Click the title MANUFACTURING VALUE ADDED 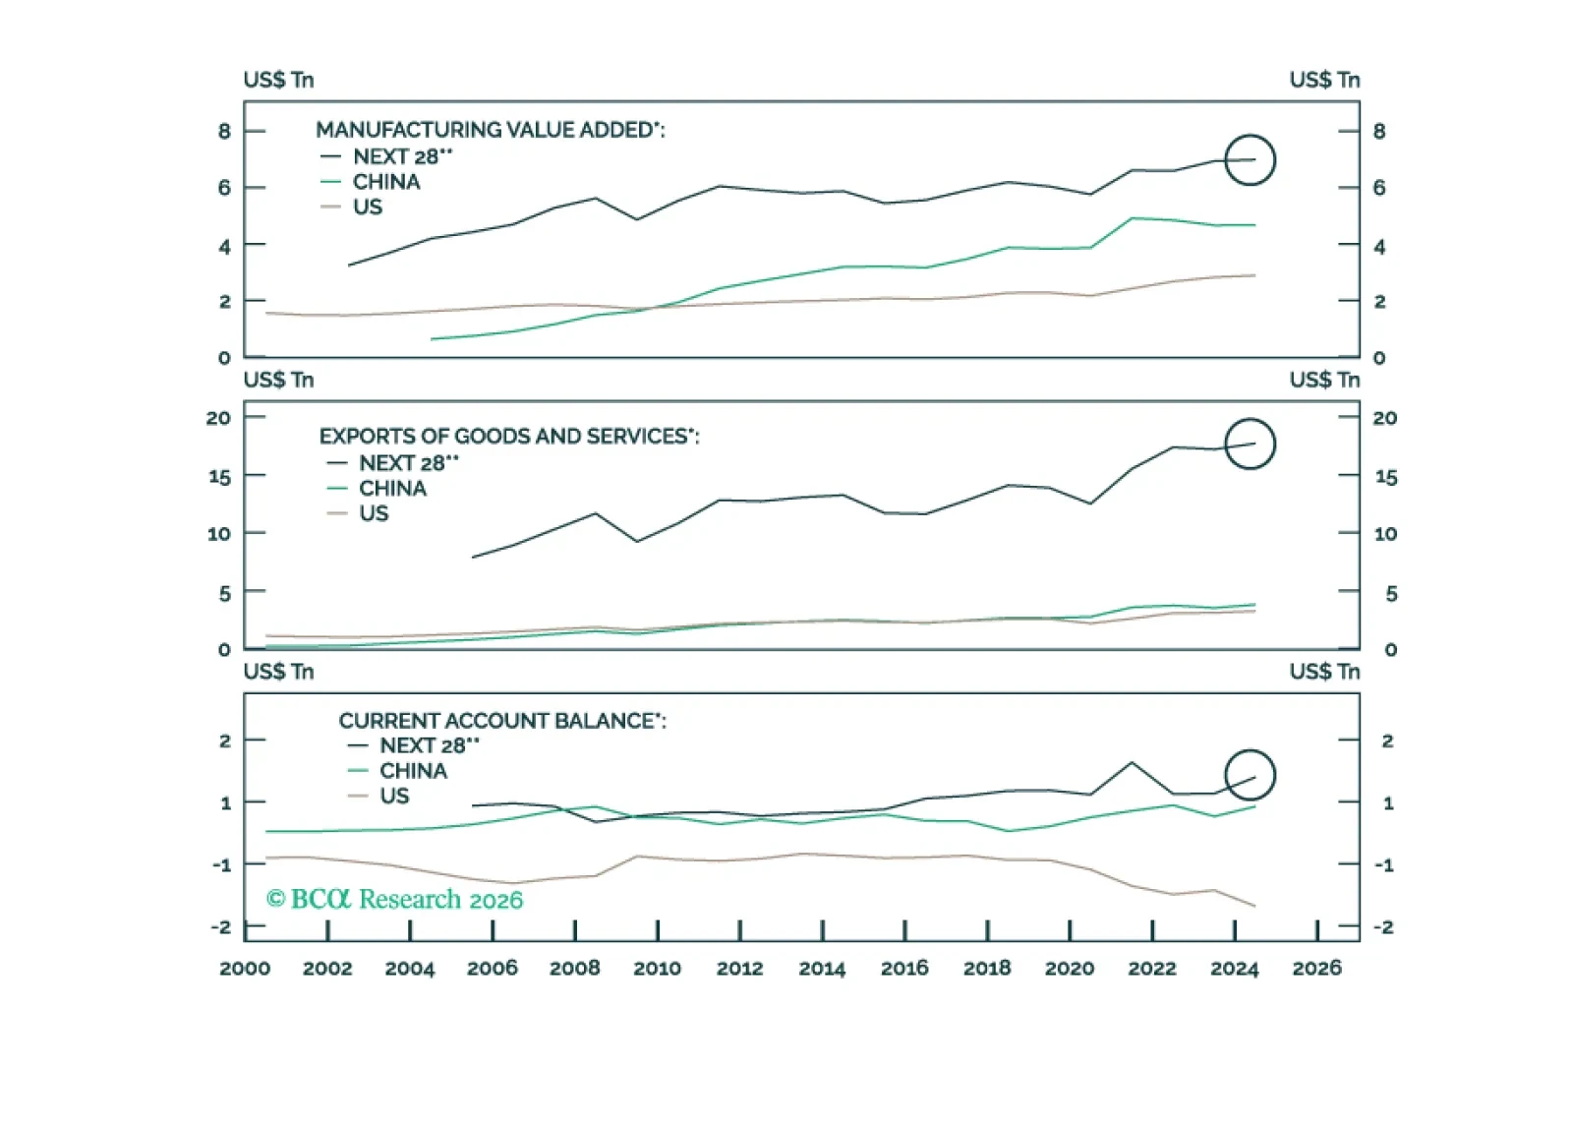(x=490, y=130)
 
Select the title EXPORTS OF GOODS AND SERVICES (x=508, y=436)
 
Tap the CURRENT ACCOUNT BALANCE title (x=501, y=721)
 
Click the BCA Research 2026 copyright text (x=394, y=899)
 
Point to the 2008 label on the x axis (x=574, y=969)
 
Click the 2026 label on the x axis (x=1316, y=969)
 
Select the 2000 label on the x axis (x=245, y=969)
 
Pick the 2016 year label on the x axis (x=904, y=969)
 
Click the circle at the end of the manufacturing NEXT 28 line (x=1250, y=159)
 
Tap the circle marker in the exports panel (x=1250, y=444)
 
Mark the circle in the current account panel (x=1250, y=775)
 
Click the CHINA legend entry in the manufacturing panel (x=385, y=182)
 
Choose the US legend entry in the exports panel (x=374, y=513)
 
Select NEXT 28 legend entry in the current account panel (x=429, y=745)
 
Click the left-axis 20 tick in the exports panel (x=218, y=418)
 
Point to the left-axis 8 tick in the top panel (x=224, y=131)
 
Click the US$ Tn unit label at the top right (x=1324, y=80)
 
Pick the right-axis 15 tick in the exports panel (x=1385, y=477)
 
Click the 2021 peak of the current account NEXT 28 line (x=1132, y=762)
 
